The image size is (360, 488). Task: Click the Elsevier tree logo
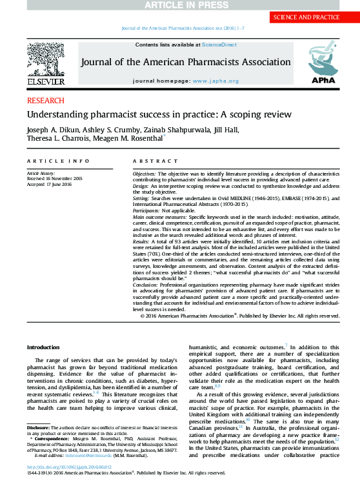[45, 62]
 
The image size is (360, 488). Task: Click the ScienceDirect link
[219, 45]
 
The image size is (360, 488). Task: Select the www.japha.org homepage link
[215, 81]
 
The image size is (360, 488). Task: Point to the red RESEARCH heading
[46, 101]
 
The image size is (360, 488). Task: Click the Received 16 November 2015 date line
[55, 178]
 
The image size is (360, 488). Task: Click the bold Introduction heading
[43, 347]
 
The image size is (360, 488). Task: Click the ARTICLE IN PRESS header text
[180, 5]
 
